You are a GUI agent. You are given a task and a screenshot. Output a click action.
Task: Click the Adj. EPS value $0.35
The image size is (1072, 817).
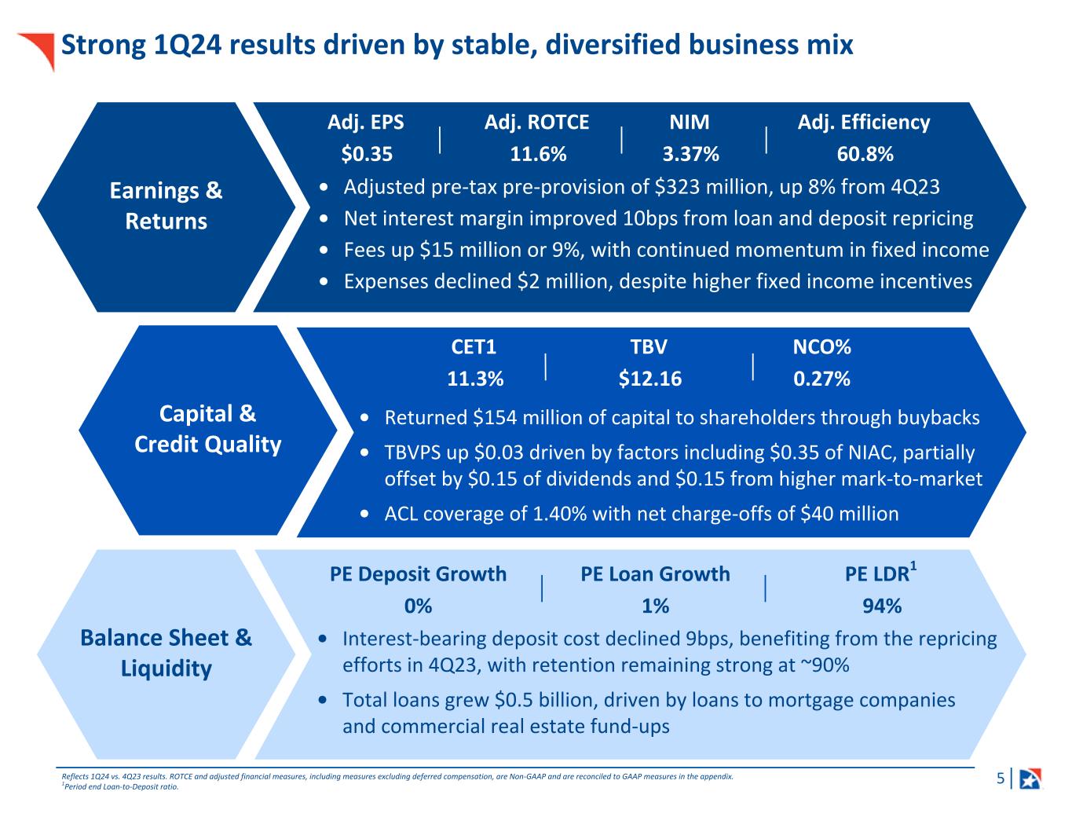click(x=367, y=154)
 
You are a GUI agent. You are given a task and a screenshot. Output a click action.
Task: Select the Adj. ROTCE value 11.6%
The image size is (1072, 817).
click(x=538, y=154)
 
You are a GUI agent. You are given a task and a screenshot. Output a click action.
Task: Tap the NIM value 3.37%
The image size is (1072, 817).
click(x=690, y=154)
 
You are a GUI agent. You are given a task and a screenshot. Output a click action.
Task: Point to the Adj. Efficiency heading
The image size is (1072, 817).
click(x=863, y=123)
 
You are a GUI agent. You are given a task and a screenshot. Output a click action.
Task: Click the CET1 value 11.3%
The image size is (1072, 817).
click(x=474, y=379)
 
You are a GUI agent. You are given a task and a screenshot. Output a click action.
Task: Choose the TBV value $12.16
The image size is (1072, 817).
click(x=649, y=379)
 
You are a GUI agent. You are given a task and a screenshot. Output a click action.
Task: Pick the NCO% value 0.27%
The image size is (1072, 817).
click(x=821, y=379)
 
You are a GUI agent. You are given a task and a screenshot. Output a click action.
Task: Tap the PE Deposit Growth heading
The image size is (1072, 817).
click(x=418, y=574)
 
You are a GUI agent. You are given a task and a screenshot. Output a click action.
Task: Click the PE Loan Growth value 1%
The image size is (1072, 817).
click(x=655, y=606)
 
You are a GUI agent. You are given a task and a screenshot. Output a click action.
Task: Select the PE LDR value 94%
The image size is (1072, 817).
click(x=881, y=606)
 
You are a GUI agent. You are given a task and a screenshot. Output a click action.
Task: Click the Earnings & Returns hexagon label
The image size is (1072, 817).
click(x=166, y=206)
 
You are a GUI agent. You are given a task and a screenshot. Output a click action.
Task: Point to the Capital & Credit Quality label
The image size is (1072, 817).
click(x=207, y=429)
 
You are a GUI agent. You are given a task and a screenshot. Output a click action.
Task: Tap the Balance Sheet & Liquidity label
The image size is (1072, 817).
click(x=166, y=653)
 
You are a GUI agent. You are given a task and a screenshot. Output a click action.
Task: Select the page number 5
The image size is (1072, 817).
click(x=1000, y=779)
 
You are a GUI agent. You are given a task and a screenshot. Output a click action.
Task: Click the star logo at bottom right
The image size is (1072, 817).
click(x=1030, y=779)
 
